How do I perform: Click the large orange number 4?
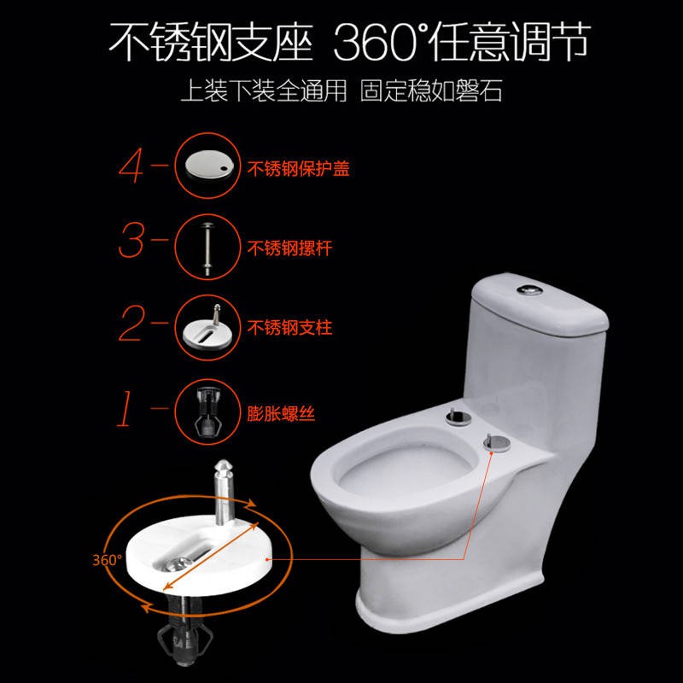coord(131,166)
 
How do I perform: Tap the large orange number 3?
coord(131,240)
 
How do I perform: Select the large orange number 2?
coord(131,323)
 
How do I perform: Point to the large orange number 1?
coord(125,408)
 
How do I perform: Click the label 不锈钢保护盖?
coord(298,168)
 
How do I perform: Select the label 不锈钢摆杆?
coord(289,248)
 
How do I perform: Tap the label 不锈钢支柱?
coord(289,328)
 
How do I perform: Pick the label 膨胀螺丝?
coord(281,413)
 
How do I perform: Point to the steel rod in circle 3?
coord(207,248)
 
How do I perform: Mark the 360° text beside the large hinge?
coord(107,560)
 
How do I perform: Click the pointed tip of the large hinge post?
coord(223,461)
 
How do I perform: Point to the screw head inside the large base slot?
coord(176,564)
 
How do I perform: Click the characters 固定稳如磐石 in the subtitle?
coord(431,90)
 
